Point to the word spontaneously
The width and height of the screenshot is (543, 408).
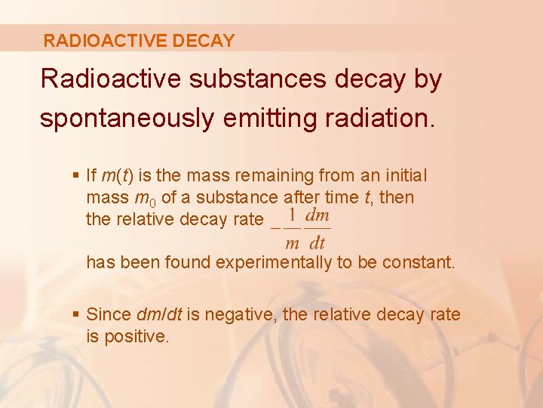126,119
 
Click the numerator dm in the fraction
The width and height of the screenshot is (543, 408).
318,215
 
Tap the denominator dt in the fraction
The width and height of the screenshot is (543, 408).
317,243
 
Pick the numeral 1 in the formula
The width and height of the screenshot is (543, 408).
291,215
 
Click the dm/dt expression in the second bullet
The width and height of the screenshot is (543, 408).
161,315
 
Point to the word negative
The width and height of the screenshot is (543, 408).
241,315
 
